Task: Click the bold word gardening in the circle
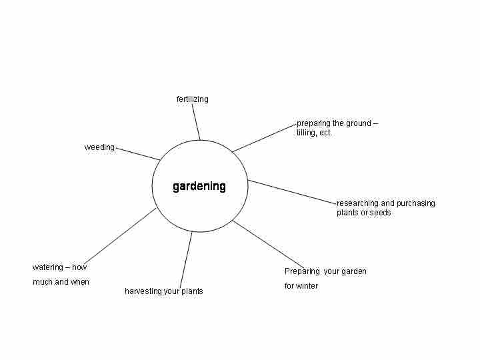point(199,187)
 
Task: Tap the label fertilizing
point(192,99)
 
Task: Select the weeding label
point(99,147)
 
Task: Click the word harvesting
point(143,291)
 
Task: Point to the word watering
point(48,267)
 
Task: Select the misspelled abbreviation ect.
point(325,133)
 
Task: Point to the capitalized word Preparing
point(302,271)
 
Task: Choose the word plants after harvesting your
point(192,291)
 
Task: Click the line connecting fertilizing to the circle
point(196,122)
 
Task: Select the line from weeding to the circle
point(138,154)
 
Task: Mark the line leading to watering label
point(120,236)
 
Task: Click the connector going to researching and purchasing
point(293,192)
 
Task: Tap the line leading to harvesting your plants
point(186,260)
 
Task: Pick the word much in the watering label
point(43,281)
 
